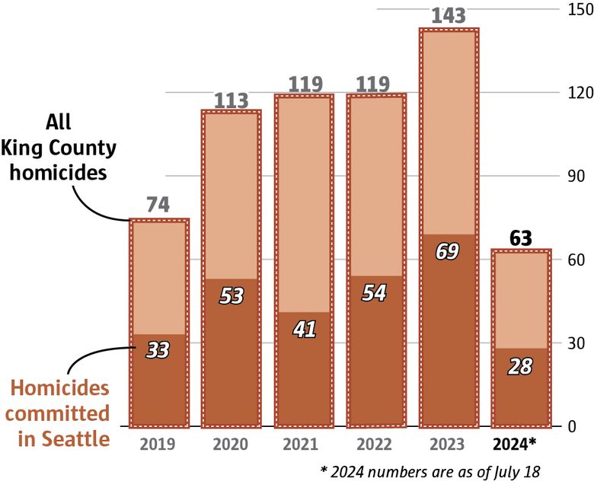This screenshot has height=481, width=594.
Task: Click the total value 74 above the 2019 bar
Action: pos(158,205)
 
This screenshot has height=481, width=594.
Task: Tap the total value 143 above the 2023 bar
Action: pos(449,15)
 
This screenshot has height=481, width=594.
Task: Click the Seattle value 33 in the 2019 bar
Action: pos(158,350)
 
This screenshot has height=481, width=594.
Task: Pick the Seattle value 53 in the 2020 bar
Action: pos(231,295)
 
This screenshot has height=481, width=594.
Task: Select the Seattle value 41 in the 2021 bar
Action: pos(303,329)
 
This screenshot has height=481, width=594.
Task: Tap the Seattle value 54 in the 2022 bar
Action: pos(375,293)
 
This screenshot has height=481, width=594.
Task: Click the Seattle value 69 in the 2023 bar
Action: pos(448,252)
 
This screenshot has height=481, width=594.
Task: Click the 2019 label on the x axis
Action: pos(158,443)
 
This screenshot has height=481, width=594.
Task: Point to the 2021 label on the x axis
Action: pos(303,443)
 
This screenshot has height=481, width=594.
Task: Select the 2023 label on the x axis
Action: pos(448,443)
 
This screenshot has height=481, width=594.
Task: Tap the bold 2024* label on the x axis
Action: pos(520,443)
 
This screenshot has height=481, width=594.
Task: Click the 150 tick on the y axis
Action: pos(576,9)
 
